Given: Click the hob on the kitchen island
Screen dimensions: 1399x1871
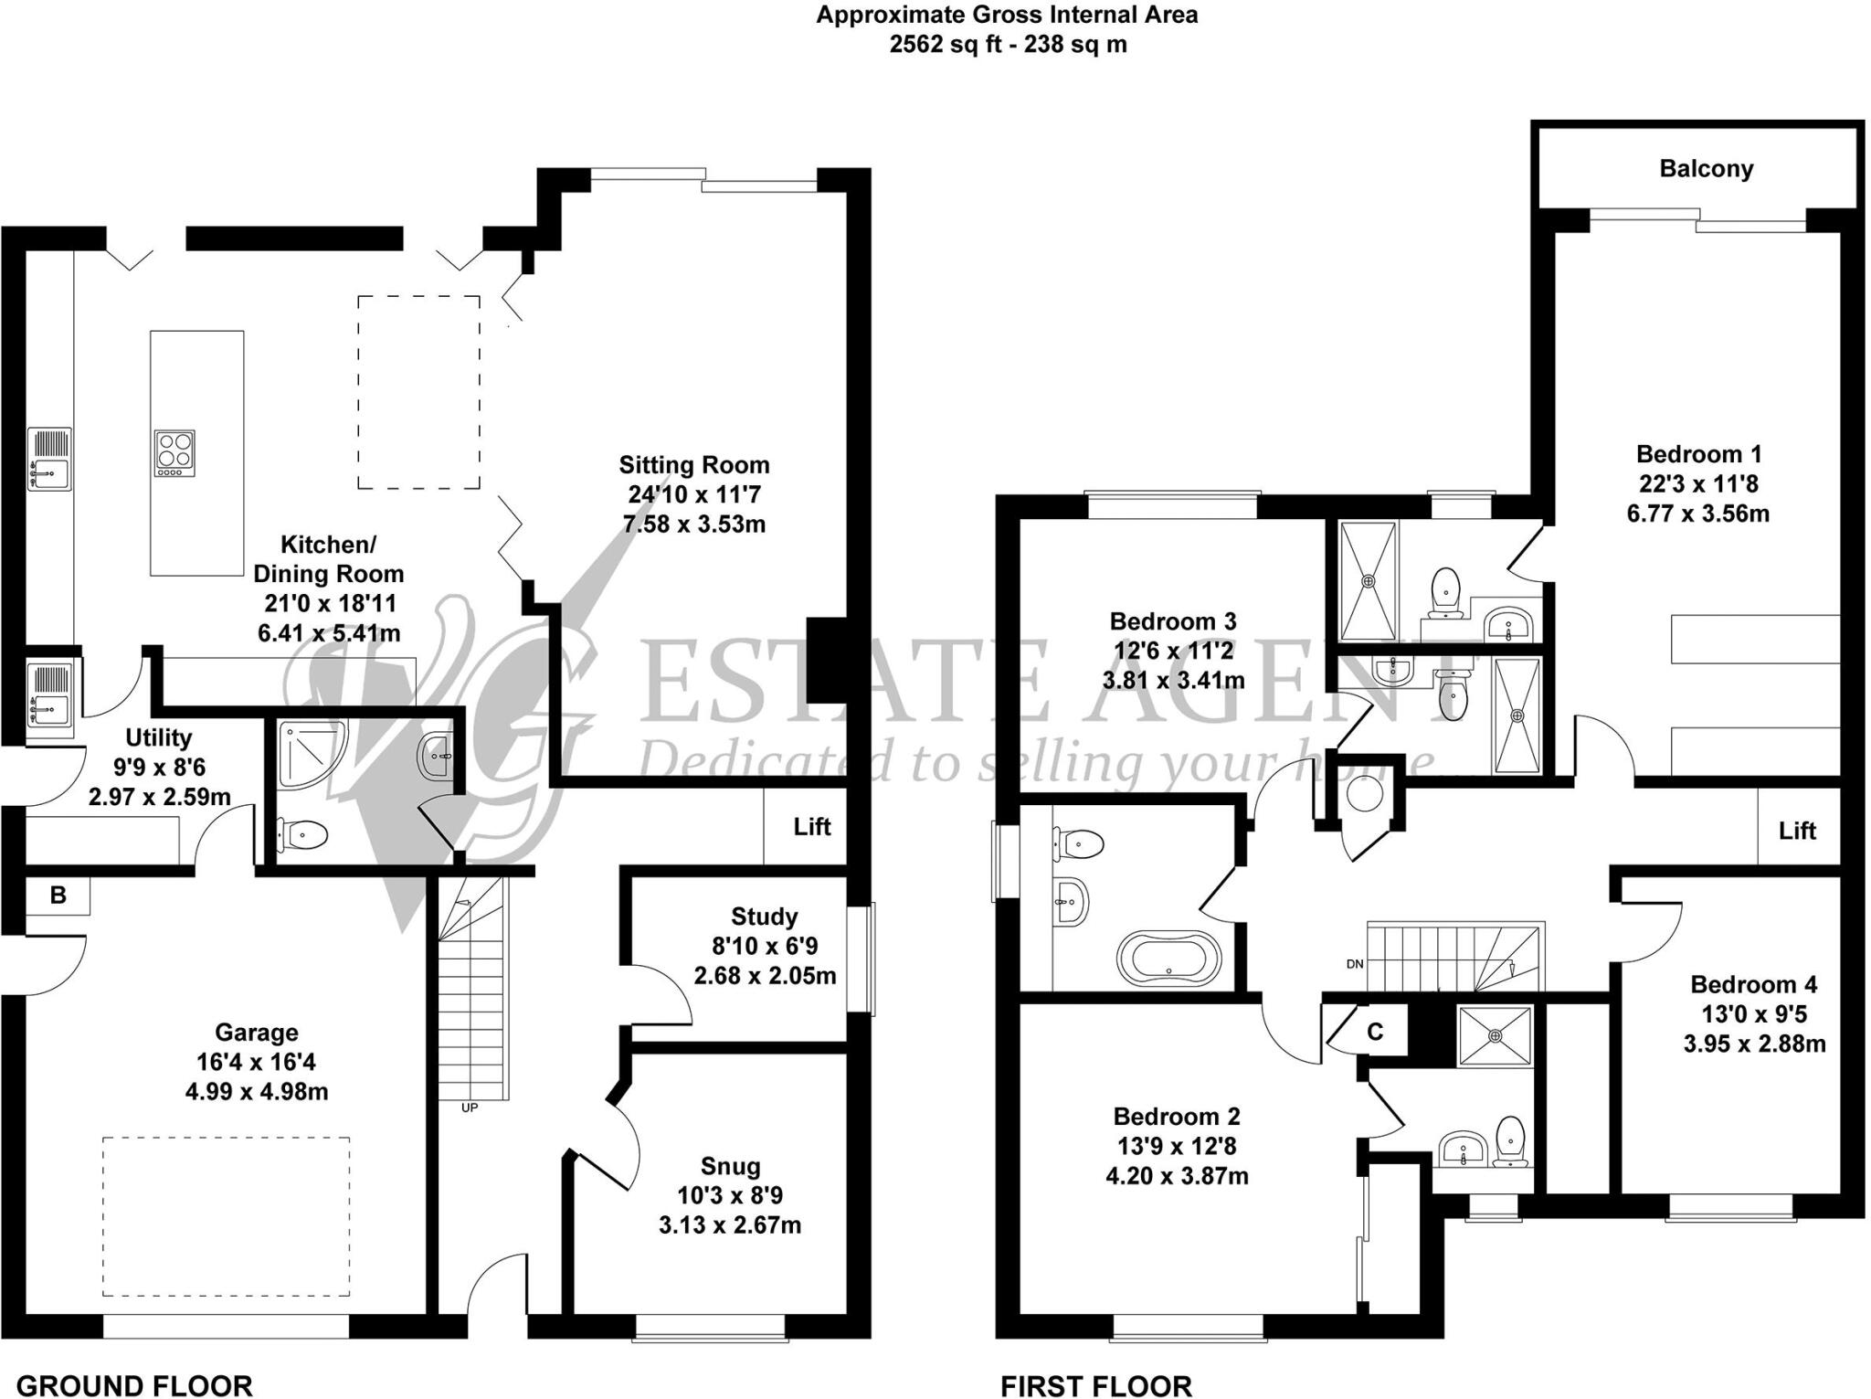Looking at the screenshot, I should tap(174, 453).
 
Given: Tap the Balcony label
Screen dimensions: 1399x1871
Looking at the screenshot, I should tap(1706, 169).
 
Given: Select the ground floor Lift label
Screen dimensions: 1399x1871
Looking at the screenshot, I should tap(811, 827).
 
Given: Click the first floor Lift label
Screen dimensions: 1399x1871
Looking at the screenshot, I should tap(1796, 831).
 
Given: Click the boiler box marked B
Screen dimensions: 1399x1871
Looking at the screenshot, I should tap(58, 896).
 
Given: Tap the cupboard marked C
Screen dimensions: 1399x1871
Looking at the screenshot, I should tap(1374, 1032).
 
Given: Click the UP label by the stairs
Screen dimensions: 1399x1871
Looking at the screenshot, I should tap(470, 1108).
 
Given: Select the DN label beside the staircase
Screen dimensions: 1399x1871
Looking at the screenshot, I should tap(1355, 964).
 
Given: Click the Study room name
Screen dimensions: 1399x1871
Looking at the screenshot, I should tap(764, 917).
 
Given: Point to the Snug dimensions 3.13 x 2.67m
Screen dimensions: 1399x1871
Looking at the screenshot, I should tap(729, 1225).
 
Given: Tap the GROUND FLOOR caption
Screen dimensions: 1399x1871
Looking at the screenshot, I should tap(134, 1385).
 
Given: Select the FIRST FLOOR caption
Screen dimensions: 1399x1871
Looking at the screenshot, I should tap(1095, 1386).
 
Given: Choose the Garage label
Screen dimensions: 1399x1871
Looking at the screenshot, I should tap(256, 1033).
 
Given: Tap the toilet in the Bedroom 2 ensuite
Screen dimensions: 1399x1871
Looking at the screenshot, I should tap(1510, 1141).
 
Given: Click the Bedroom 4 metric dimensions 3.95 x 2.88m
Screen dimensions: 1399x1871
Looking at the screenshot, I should tap(1754, 1044).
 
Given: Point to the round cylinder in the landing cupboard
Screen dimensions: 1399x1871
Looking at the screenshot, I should tap(1364, 794).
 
